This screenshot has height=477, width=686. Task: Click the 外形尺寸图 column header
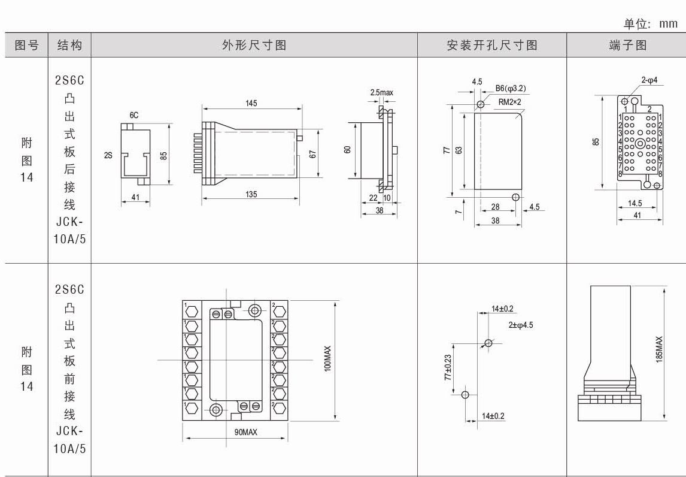254,46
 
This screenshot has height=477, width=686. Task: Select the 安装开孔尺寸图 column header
492,46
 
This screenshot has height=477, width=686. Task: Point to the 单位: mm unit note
651,24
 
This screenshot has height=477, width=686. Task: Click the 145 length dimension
251,104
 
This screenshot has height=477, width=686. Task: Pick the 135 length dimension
251,194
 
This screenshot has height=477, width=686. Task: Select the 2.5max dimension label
382,93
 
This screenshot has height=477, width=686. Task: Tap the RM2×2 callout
510,102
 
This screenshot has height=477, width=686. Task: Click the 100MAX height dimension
327,358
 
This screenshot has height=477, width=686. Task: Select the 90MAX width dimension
242,432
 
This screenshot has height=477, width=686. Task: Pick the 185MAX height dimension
659,349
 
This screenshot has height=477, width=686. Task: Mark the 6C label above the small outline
135,115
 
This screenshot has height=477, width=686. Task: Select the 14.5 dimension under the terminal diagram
635,204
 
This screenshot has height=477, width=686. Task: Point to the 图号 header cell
26,46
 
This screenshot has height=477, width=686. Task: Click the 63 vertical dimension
459,150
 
